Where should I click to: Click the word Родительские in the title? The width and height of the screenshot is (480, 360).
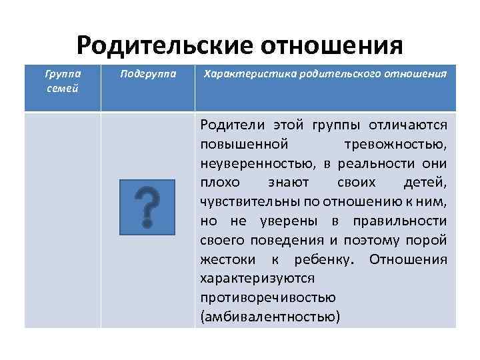pos(163,46)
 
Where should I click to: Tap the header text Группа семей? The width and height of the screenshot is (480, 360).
pos(62,79)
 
